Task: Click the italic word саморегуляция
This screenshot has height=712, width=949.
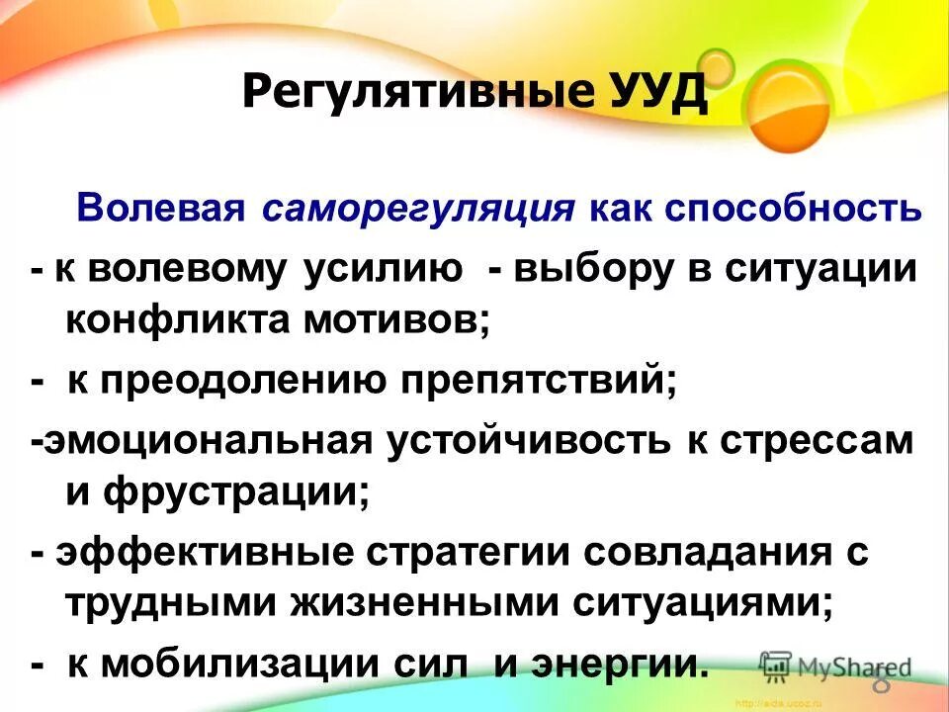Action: (x=419, y=210)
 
